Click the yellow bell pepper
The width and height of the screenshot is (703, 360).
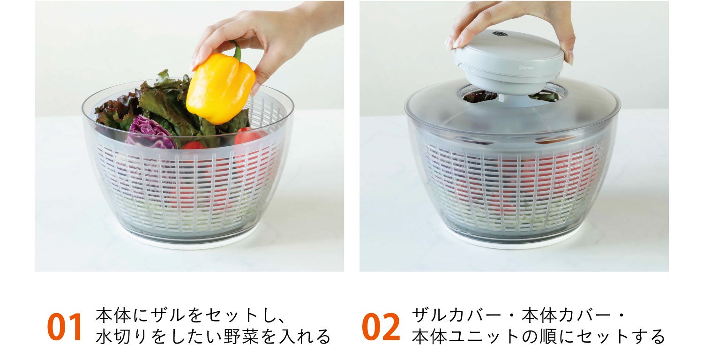220,89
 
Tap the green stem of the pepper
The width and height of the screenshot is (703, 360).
236,50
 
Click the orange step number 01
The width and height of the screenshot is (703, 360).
65,327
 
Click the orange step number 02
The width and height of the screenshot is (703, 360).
381,327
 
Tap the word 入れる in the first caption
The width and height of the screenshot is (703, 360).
305,337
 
